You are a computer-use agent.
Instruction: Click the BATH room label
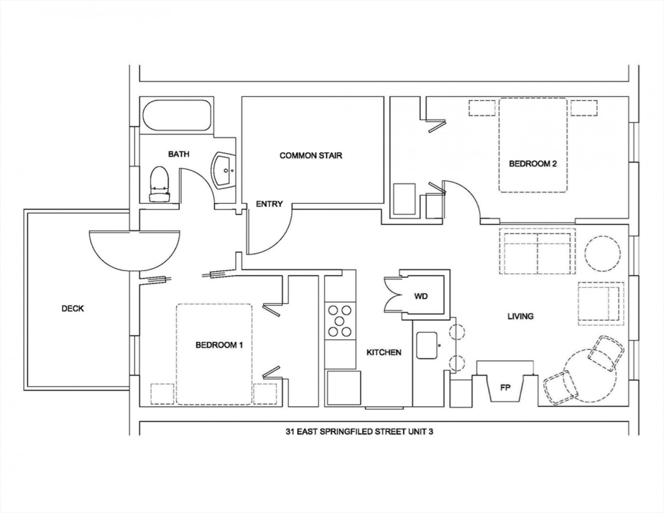coord(179,154)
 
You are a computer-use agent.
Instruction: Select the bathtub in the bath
coord(177,115)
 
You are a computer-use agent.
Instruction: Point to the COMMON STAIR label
coord(311,155)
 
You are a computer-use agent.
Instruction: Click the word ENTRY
coord(269,204)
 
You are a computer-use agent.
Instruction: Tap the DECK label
coord(73,309)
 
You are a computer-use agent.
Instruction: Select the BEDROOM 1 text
coord(219,345)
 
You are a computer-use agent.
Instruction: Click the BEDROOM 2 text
coord(533,164)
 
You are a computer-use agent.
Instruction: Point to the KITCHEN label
coord(384,352)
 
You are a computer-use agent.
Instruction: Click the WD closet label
coord(421,296)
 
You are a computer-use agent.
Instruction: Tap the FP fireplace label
coord(505,388)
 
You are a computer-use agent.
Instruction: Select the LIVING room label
coord(521,316)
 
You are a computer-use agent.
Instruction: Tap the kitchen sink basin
coord(427,345)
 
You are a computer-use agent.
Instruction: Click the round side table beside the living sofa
coord(603,253)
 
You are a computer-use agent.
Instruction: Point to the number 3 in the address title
coord(430,432)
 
